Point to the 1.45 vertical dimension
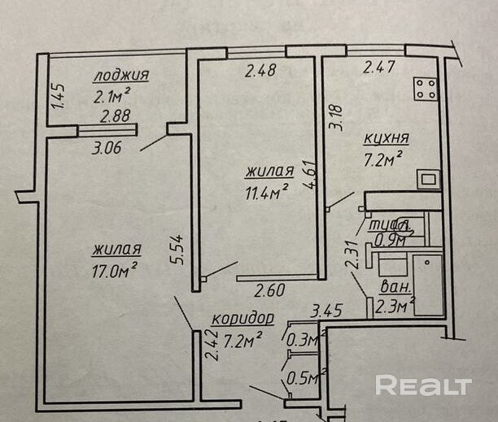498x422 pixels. click(57, 97)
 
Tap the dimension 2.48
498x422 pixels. click(260, 70)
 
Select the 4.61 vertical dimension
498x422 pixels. click(309, 175)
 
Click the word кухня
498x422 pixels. click(387, 137)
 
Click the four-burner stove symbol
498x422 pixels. click(426, 88)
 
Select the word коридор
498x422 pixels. click(242, 318)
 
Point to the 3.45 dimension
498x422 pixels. click(325, 310)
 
